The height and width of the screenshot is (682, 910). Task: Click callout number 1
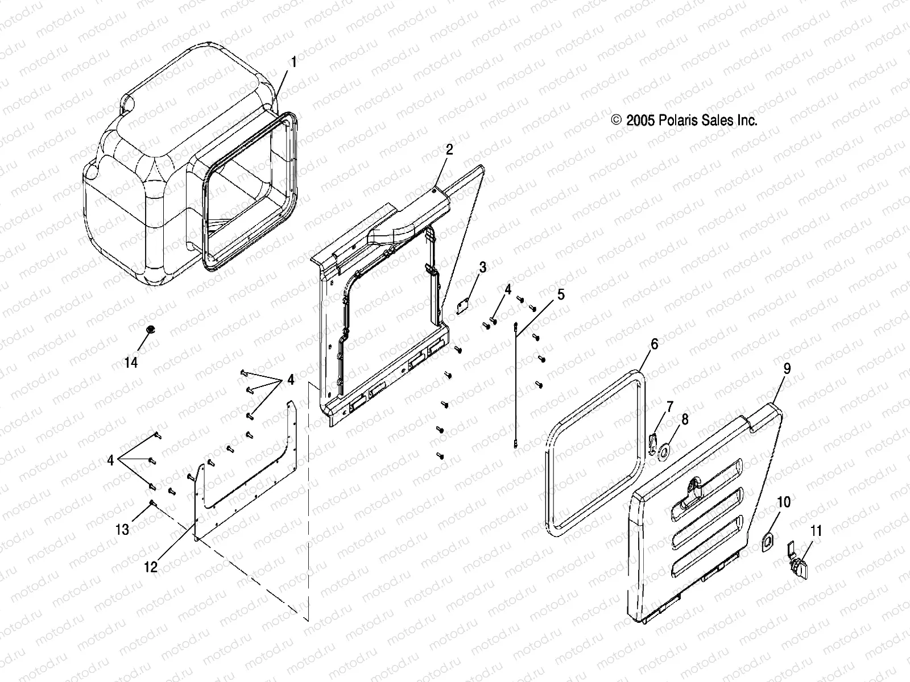293,62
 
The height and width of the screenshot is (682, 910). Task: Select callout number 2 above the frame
449,150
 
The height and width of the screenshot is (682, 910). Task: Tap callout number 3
482,267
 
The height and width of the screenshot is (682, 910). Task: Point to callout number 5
561,294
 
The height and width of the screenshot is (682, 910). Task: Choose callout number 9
787,369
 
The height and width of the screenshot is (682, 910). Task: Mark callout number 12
151,567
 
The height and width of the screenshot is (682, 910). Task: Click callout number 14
131,363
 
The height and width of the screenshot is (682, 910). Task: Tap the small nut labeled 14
151,329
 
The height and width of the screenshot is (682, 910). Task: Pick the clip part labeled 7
653,442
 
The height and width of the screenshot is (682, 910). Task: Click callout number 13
122,530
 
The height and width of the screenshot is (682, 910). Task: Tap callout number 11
816,532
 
